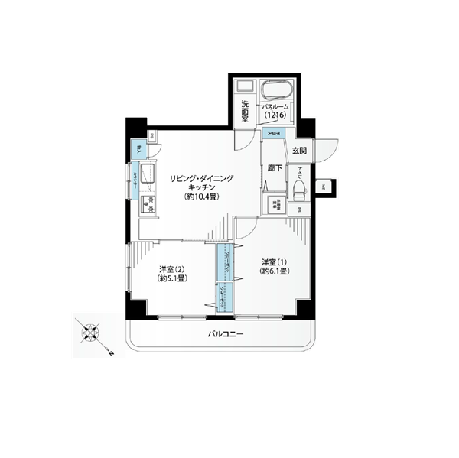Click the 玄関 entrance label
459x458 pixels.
pyautogui.click(x=299, y=150)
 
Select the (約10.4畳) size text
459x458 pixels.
pyautogui.click(x=202, y=197)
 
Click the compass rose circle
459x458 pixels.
pyautogui.click(x=90, y=332)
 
